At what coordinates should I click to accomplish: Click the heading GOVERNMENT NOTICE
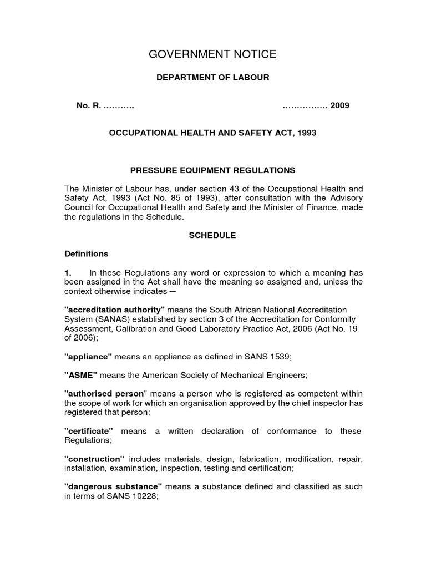(x=213, y=54)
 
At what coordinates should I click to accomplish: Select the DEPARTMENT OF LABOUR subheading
(x=213, y=78)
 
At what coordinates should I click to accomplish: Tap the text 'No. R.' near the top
(x=89, y=105)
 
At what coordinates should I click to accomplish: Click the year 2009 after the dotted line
(x=339, y=105)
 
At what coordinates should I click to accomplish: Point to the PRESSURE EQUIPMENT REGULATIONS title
(x=213, y=170)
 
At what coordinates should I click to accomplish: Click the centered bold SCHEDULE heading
(x=213, y=235)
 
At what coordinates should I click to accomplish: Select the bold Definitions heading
(x=87, y=253)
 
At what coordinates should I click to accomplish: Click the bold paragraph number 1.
(x=68, y=272)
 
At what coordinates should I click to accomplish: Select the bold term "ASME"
(x=81, y=375)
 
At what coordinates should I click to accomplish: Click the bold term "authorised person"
(x=105, y=393)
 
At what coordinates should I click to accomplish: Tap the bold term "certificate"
(x=89, y=431)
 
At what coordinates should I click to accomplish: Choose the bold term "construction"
(x=94, y=459)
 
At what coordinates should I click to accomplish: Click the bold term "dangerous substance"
(x=113, y=487)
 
